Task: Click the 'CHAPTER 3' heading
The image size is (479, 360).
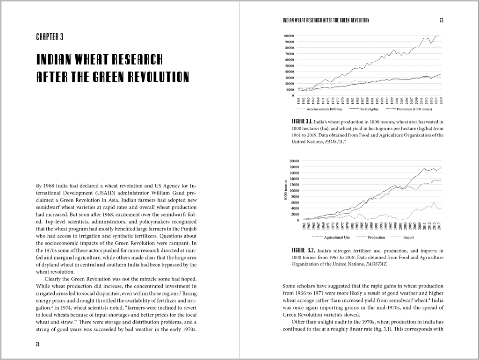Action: click(x=50, y=37)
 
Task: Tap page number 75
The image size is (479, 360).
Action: click(x=441, y=20)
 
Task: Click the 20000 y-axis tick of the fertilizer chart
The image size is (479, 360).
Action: click(x=294, y=161)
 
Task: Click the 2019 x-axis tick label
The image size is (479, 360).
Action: click(x=441, y=100)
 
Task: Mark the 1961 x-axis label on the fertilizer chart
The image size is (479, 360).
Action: click(x=304, y=226)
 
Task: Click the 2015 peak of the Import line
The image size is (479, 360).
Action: click(x=434, y=202)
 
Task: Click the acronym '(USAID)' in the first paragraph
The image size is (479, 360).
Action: click(x=105, y=193)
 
